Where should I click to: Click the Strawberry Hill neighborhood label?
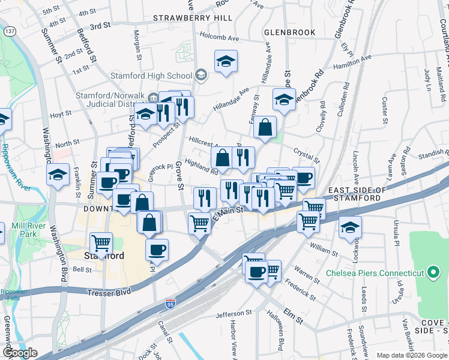(x=193, y=18)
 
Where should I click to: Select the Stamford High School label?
(x=151, y=76)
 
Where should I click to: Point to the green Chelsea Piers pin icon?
(x=433, y=273)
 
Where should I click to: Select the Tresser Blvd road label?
(x=110, y=292)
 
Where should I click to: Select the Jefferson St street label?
(x=234, y=313)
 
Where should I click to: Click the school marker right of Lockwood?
(x=350, y=227)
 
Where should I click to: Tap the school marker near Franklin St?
(x=58, y=175)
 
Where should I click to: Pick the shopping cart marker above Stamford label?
(x=101, y=244)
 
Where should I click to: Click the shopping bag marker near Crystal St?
(x=265, y=127)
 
